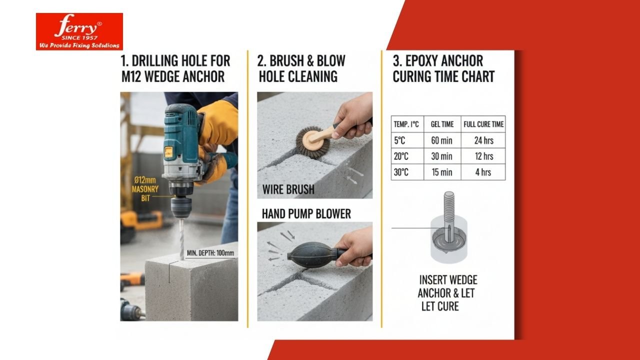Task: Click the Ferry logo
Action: [x=79, y=31]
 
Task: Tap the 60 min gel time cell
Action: [x=441, y=140]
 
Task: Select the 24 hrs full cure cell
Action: [x=483, y=140]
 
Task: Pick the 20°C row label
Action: [x=401, y=156]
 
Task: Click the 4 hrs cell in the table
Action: [x=483, y=172]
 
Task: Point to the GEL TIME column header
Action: [x=442, y=124]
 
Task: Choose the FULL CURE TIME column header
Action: [x=483, y=124]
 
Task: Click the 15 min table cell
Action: [x=441, y=172]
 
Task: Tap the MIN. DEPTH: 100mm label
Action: [x=210, y=253]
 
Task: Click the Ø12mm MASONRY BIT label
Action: [x=145, y=189]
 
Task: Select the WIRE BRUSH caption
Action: [x=288, y=189]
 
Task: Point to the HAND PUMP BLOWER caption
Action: [x=306, y=214]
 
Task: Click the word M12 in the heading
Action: [x=131, y=76]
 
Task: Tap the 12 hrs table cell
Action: [x=483, y=156]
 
